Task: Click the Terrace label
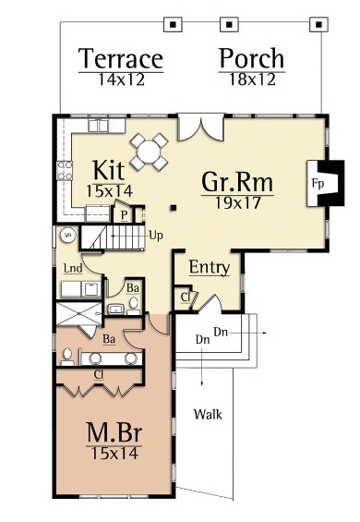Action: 121,58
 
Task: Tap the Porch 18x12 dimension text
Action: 252,79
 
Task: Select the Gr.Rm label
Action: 237,182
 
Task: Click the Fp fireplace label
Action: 318,184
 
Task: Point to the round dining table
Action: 149,152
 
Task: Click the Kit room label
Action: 109,170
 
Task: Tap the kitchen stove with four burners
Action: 65,170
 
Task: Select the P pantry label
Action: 124,215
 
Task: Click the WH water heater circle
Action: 68,236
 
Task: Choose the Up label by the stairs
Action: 156,236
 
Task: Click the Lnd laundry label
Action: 73,268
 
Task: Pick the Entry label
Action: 210,267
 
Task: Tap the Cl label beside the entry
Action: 186,297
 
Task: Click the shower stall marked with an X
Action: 78,313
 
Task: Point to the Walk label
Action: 208,415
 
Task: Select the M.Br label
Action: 114,432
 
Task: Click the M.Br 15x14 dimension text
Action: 114,453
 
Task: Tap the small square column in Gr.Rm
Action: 174,208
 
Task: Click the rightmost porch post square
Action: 318,24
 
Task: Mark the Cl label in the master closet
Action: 99,375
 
